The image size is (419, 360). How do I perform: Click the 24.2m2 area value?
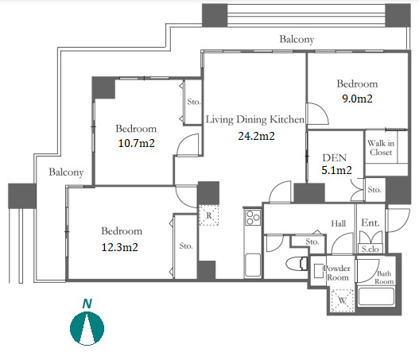(x=256, y=136)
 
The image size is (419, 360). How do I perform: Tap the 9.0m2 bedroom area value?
(x=357, y=99)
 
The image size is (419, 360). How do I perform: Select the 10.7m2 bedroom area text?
(x=136, y=143)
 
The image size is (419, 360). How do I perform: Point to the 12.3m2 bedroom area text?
(x=120, y=247)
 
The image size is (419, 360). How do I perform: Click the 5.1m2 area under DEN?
(x=336, y=170)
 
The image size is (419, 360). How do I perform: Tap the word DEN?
(x=334, y=158)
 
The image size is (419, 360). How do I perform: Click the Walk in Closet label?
(x=381, y=148)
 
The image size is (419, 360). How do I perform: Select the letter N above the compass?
(x=87, y=304)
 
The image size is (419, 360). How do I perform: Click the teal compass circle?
(x=87, y=328)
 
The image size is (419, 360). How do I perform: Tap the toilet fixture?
(x=297, y=264)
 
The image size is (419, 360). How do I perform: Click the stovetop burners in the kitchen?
(x=253, y=218)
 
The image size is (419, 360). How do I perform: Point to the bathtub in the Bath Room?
(x=376, y=296)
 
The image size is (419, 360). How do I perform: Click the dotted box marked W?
(x=343, y=300)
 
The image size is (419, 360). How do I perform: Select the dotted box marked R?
(x=209, y=215)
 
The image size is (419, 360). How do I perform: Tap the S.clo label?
(x=370, y=249)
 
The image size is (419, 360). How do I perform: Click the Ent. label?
(x=371, y=223)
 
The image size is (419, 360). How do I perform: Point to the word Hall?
(x=338, y=223)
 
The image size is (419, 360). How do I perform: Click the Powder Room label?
(x=337, y=273)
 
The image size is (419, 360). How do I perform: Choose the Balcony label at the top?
(x=297, y=39)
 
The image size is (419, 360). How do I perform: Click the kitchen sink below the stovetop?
(x=253, y=265)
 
